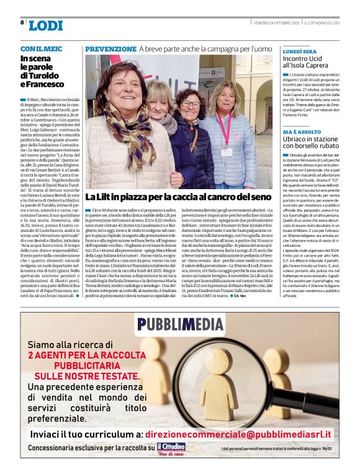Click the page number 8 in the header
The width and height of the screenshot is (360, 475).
tap(22, 22)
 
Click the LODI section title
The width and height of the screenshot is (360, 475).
tap(45, 26)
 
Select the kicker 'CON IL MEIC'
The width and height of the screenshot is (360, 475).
tap(42, 48)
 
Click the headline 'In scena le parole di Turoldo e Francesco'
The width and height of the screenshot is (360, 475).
tap(42, 71)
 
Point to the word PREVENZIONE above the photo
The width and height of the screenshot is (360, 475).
tap(110, 49)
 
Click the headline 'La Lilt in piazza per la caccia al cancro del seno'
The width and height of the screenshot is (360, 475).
tap(178, 197)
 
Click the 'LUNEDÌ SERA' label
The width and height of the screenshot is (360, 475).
tap(300, 51)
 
